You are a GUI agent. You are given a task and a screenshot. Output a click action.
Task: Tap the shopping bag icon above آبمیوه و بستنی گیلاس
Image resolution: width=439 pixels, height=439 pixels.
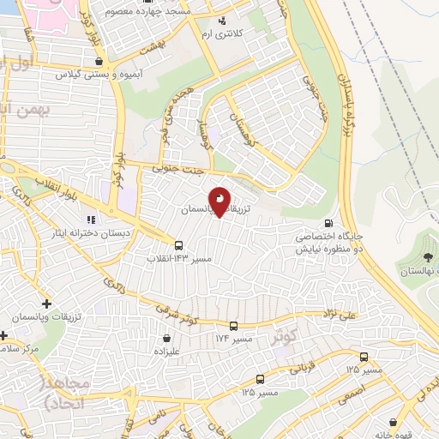pyautogui.click(x=101, y=61)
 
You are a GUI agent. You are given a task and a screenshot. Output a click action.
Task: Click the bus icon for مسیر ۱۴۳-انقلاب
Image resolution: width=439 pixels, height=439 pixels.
pyautogui.click(x=178, y=244)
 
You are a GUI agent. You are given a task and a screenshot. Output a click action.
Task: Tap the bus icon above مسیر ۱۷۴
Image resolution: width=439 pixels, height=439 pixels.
pyautogui.click(x=233, y=326)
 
